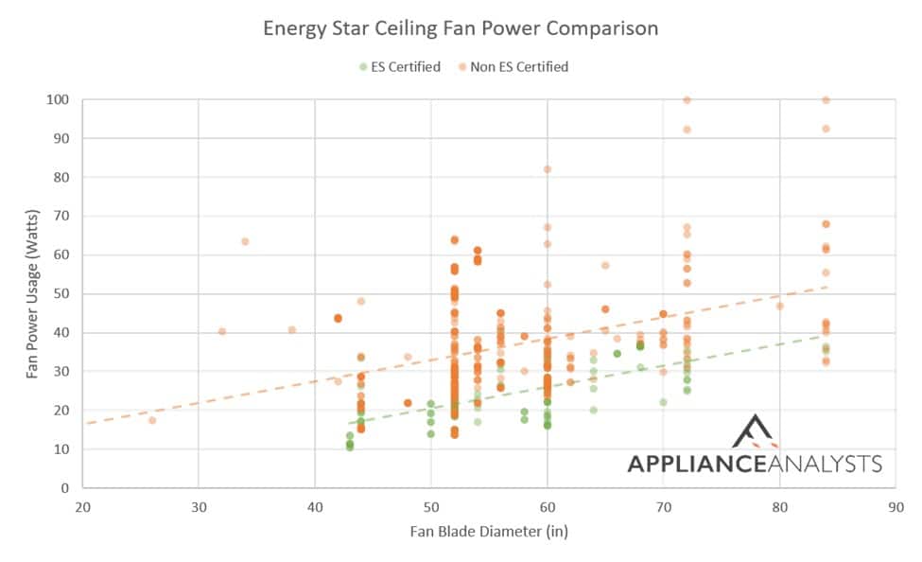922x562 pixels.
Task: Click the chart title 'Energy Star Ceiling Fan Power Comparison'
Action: [x=461, y=28]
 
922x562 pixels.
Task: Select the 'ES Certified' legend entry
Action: [x=399, y=66]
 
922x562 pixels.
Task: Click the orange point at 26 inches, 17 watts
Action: [x=151, y=420]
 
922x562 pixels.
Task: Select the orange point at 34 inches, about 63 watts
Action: [x=245, y=241]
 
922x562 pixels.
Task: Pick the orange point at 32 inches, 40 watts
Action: [x=221, y=331]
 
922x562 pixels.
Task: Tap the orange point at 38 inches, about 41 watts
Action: [x=291, y=329]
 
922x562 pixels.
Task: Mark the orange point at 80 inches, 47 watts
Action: [x=779, y=306]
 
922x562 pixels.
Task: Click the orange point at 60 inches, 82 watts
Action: [x=547, y=169]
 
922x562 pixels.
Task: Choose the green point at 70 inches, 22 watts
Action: [x=663, y=402]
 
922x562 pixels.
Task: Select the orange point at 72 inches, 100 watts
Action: [x=687, y=99]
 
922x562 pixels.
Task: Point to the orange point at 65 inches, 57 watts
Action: [x=605, y=266]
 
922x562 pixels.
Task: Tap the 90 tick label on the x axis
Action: [x=896, y=506]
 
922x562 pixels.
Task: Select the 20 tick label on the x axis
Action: [x=82, y=506]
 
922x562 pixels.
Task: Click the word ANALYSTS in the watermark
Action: [x=830, y=464]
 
